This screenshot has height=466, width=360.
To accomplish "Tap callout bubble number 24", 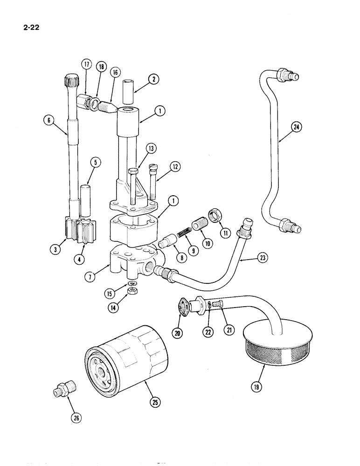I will click(x=295, y=126).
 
